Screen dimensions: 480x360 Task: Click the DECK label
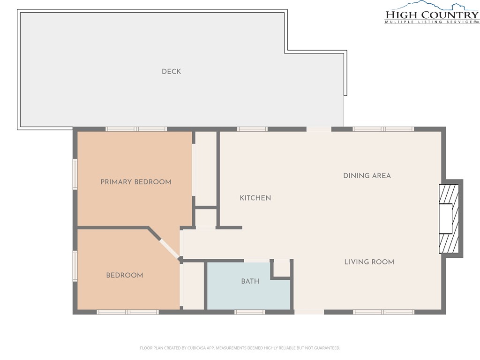point(171,72)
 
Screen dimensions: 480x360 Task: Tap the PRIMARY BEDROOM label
point(136,182)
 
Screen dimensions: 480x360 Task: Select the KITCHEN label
point(255,198)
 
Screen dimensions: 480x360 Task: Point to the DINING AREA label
point(367,176)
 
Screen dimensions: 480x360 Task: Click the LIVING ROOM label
point(369,262)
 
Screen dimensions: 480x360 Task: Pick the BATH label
point(250,281)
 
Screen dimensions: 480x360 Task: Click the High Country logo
point(432,12)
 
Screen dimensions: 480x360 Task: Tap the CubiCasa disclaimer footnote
point(240,348)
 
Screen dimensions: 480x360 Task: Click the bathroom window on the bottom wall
point(249,312)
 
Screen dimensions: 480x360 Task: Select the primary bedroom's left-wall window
point(75,173)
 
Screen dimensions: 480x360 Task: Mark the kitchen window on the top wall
point(252,129)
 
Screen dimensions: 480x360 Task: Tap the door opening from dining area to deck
point(319,129)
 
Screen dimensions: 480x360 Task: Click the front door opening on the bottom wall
point(309,312)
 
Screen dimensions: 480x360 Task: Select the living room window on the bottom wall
point(383,312)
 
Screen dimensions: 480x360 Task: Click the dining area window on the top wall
point(383,129)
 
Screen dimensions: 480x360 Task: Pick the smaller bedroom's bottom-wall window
point(127,312)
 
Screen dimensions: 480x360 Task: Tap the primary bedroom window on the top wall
point(136,129)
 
